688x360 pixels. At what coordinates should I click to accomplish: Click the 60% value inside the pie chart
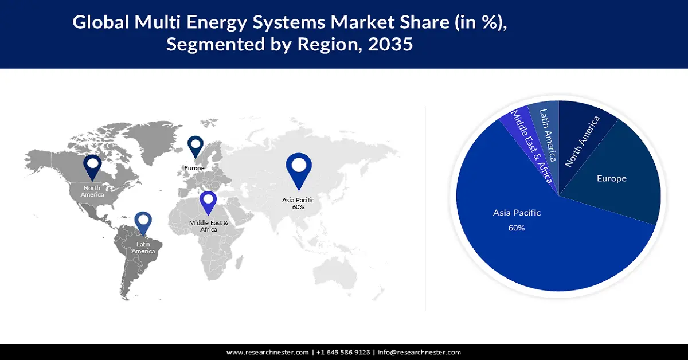(x=516, y=228)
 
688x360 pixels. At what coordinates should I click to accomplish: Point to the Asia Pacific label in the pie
(x=517, y=213)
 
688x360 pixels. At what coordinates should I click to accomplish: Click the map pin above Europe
(x=196, y=146)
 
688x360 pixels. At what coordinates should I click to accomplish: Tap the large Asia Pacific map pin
(x=298, y=168)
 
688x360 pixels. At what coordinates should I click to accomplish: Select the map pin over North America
(x=92, y=166)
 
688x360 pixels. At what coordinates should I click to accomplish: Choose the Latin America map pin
(x=143, y=224)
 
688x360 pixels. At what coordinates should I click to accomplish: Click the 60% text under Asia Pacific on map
(x=298, y=207)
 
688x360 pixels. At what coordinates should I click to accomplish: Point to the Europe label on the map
(x=194, y=168)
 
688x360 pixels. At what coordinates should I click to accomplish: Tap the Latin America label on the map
(x=143, y=248)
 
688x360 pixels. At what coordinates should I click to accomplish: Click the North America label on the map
(x=92, y=191)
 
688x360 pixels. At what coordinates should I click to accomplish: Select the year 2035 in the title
(x=390, y=44)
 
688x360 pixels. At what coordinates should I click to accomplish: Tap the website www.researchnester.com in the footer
(x=268, y=352)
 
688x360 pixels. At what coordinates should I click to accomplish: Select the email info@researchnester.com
(x=419, y=352)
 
